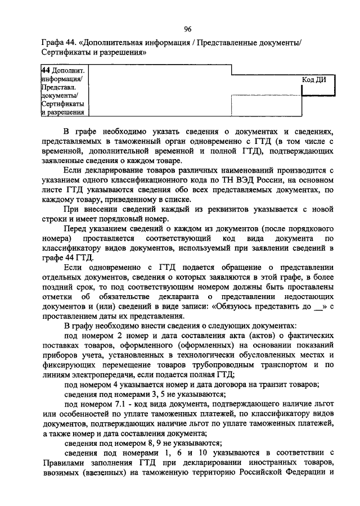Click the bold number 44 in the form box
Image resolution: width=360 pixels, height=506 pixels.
(x=46, y=70)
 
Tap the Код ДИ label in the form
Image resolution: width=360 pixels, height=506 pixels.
(x=314, y=79)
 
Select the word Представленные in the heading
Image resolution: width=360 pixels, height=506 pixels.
(x=232, y=43)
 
